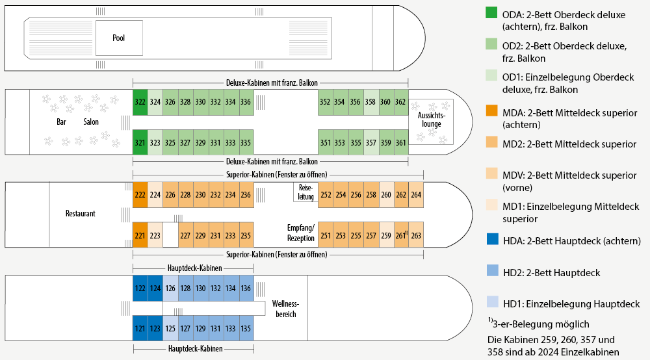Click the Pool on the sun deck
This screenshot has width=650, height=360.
(x=118, y=38)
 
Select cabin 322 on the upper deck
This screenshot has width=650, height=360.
(x=140, y=102)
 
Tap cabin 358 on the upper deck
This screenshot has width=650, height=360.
(x=370, y=102)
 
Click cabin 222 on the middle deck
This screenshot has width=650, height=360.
(x=140, y=194)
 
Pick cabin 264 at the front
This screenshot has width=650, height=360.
(x=416, y=194)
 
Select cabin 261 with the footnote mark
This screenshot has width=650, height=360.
(x=401, y=235)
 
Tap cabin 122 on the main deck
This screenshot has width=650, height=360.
(x=140, y=288)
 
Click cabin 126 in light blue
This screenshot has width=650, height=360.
(x=170, y=288)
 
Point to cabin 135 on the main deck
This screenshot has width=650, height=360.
(x=246, y=328)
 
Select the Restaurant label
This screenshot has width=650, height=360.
(x=81, y=213)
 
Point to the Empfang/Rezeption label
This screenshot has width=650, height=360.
(x=301, y=233)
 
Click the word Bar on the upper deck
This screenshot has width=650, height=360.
(x=62, y=122)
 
